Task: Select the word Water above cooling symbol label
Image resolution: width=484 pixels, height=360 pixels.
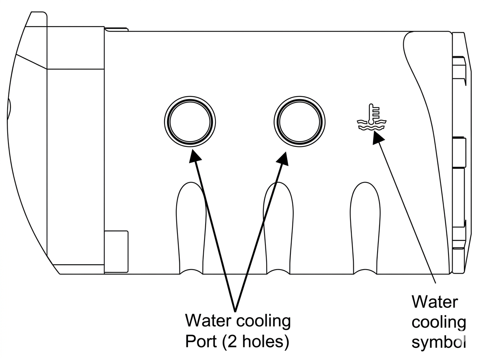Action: point(434,302)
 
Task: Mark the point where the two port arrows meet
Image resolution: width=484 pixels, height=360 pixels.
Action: point(235,311)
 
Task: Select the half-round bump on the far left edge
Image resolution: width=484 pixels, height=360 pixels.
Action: point(9,109)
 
